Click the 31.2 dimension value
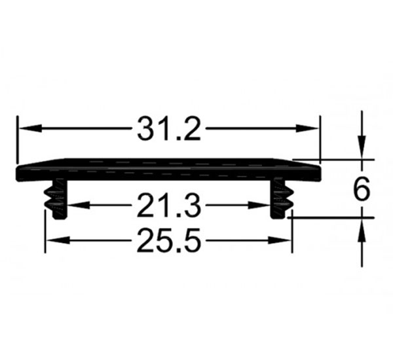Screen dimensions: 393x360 (x=169, y=129)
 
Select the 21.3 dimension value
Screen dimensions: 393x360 (x=169, y=206)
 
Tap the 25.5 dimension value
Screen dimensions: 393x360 (x=169, y=240)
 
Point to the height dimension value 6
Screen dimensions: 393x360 (x=361, y=189)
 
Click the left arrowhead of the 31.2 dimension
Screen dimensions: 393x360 (x=30, y=128)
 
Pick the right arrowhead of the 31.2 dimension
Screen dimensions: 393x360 (x=307, y=128)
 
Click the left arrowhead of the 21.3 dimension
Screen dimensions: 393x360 (x=79, y=205)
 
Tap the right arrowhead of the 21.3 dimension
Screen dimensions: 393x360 (x=259, y=205)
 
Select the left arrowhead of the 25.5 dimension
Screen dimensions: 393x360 (x=58, y=240)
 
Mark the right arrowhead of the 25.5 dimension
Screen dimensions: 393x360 (x=279, y=240)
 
